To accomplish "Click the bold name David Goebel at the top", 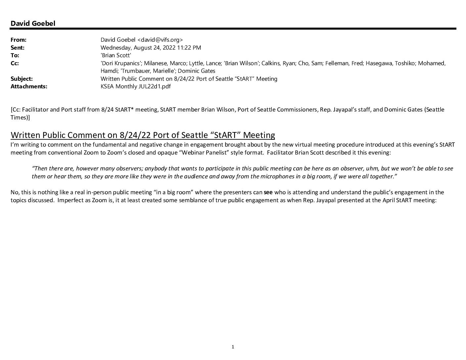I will point(33,23).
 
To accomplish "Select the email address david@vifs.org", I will point(160,40).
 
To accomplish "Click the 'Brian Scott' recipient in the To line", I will point(116,55).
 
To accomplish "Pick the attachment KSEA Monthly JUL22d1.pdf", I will point(136,86).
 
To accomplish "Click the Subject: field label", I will point(22,79).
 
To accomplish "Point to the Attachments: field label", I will point(29,86).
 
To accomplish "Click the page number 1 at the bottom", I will point(233,347).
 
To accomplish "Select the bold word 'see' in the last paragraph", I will point(268,192).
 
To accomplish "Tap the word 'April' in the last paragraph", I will point(389,200).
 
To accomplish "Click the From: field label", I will point(19,40).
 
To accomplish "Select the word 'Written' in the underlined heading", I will point(25,135).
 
